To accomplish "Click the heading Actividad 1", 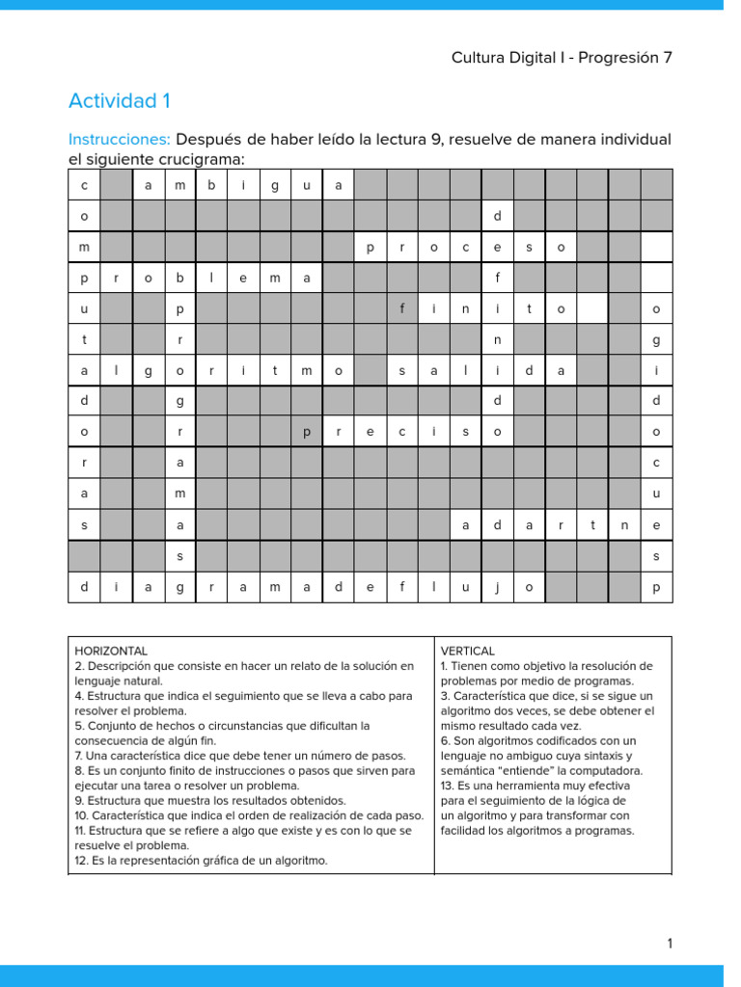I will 120,101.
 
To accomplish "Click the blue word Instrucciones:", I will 120,140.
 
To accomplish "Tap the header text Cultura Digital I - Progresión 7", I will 562,58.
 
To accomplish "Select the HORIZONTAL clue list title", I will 111,652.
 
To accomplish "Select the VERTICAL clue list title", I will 468,652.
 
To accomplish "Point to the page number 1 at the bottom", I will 669,944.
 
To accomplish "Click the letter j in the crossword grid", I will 498,587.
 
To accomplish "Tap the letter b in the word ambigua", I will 211,186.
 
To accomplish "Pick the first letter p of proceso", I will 370,248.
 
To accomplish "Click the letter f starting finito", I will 402,309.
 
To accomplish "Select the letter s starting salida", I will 402,371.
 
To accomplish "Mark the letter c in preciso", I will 402,433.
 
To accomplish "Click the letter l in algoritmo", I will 117,371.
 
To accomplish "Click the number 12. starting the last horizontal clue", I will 82,861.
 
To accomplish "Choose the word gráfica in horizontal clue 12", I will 226,861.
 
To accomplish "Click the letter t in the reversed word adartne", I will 592,525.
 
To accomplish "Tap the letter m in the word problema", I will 275,279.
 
